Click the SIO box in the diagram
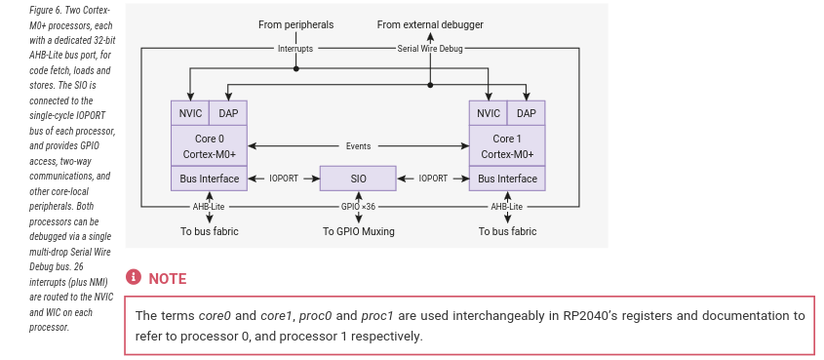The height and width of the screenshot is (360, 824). (x=358, y=179)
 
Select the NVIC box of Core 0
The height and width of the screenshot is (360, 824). (x=189, y=113)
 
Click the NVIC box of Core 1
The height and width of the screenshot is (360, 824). (x=488, y=113)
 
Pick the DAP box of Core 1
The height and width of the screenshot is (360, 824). (x=527, y=113)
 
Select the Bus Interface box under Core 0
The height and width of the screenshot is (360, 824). (x=209, y=179)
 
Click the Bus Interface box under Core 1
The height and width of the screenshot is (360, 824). (x=507, y=179)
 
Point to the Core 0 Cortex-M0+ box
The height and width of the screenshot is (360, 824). (x=209, y=146)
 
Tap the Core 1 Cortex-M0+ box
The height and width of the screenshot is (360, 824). (x=507, y=146)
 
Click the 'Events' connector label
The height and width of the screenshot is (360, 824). (x=358, y=146)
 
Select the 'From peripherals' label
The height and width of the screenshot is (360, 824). (x=296, y=23)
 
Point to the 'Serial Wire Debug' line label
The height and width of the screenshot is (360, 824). (x=429, y=48)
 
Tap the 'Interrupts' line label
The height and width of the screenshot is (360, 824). (x=296, y=48)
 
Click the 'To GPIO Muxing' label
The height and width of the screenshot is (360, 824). (x=358, y=231)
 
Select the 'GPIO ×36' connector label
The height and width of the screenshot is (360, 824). (x=358, y=207)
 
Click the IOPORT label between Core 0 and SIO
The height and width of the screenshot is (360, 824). (x=284, y=179)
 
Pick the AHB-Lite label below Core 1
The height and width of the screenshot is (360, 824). (x=507, y=207)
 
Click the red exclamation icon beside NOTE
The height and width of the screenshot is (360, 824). (x=135, y=278)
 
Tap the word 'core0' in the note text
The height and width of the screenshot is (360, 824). (x=216, y=316)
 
